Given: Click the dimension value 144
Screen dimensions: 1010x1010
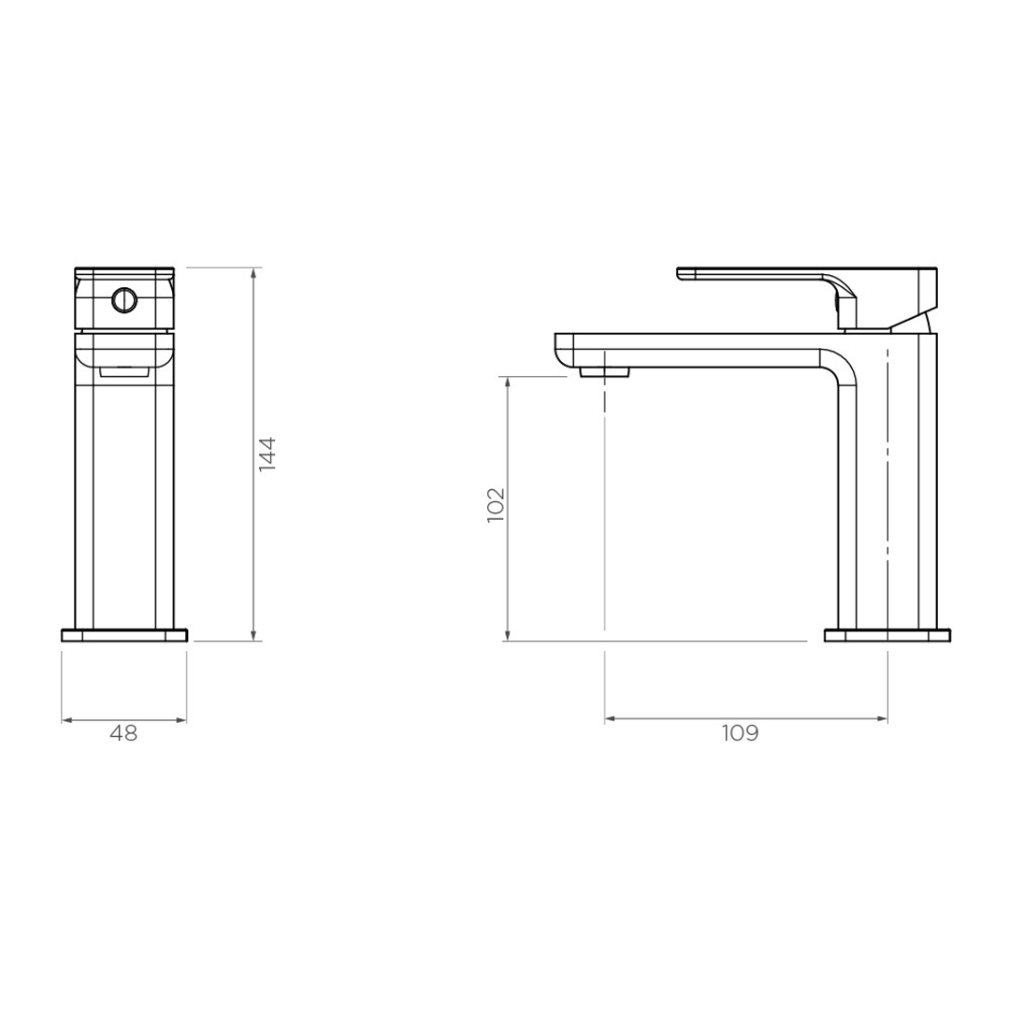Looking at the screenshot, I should [x=267, y=454].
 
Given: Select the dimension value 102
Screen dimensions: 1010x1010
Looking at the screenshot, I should [x=497, y=505].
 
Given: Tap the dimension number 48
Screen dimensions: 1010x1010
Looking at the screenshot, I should [x=123, y=734].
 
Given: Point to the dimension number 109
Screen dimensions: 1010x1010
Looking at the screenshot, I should [x=740, y=734].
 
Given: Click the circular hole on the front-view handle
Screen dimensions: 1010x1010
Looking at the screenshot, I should [x=123, y=300].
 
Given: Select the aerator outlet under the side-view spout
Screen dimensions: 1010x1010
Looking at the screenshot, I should [x=605, y=372].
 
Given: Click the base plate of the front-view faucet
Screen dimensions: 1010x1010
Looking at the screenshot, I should [x=123, y=636].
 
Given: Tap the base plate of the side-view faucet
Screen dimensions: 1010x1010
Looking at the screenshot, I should [x=887, y=636].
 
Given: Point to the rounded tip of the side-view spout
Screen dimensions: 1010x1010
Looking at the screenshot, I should [x=564, y=350].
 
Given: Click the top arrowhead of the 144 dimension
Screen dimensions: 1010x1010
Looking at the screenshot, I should [x=254, y=273].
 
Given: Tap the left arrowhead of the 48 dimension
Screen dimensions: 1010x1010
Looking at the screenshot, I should [x=66, y=720].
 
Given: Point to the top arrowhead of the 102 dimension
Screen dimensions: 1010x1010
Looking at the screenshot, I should [x=507, y=382].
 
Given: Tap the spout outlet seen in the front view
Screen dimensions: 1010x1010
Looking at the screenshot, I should [x=123, y=371].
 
